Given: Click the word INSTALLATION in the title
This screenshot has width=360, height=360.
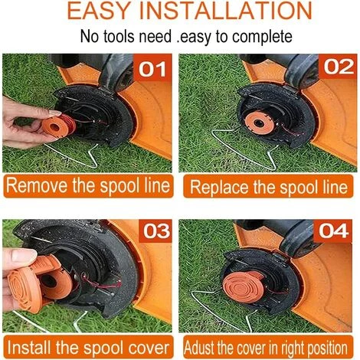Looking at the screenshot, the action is [226, 11].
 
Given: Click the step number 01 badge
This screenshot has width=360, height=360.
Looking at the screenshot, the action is [152, 69].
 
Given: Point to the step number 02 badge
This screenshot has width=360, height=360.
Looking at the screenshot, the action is [339, 67].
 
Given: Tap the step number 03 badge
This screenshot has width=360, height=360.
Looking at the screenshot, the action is [156, 231].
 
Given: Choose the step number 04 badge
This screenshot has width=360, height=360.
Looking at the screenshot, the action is [333, 231].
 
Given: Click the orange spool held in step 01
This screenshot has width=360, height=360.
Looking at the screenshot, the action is [59, 126].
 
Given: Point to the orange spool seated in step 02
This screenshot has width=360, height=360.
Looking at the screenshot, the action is [260, 123].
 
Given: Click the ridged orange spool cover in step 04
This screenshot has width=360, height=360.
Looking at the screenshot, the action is [244, 286].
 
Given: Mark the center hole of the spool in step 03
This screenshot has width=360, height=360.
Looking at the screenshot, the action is [48, 281].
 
